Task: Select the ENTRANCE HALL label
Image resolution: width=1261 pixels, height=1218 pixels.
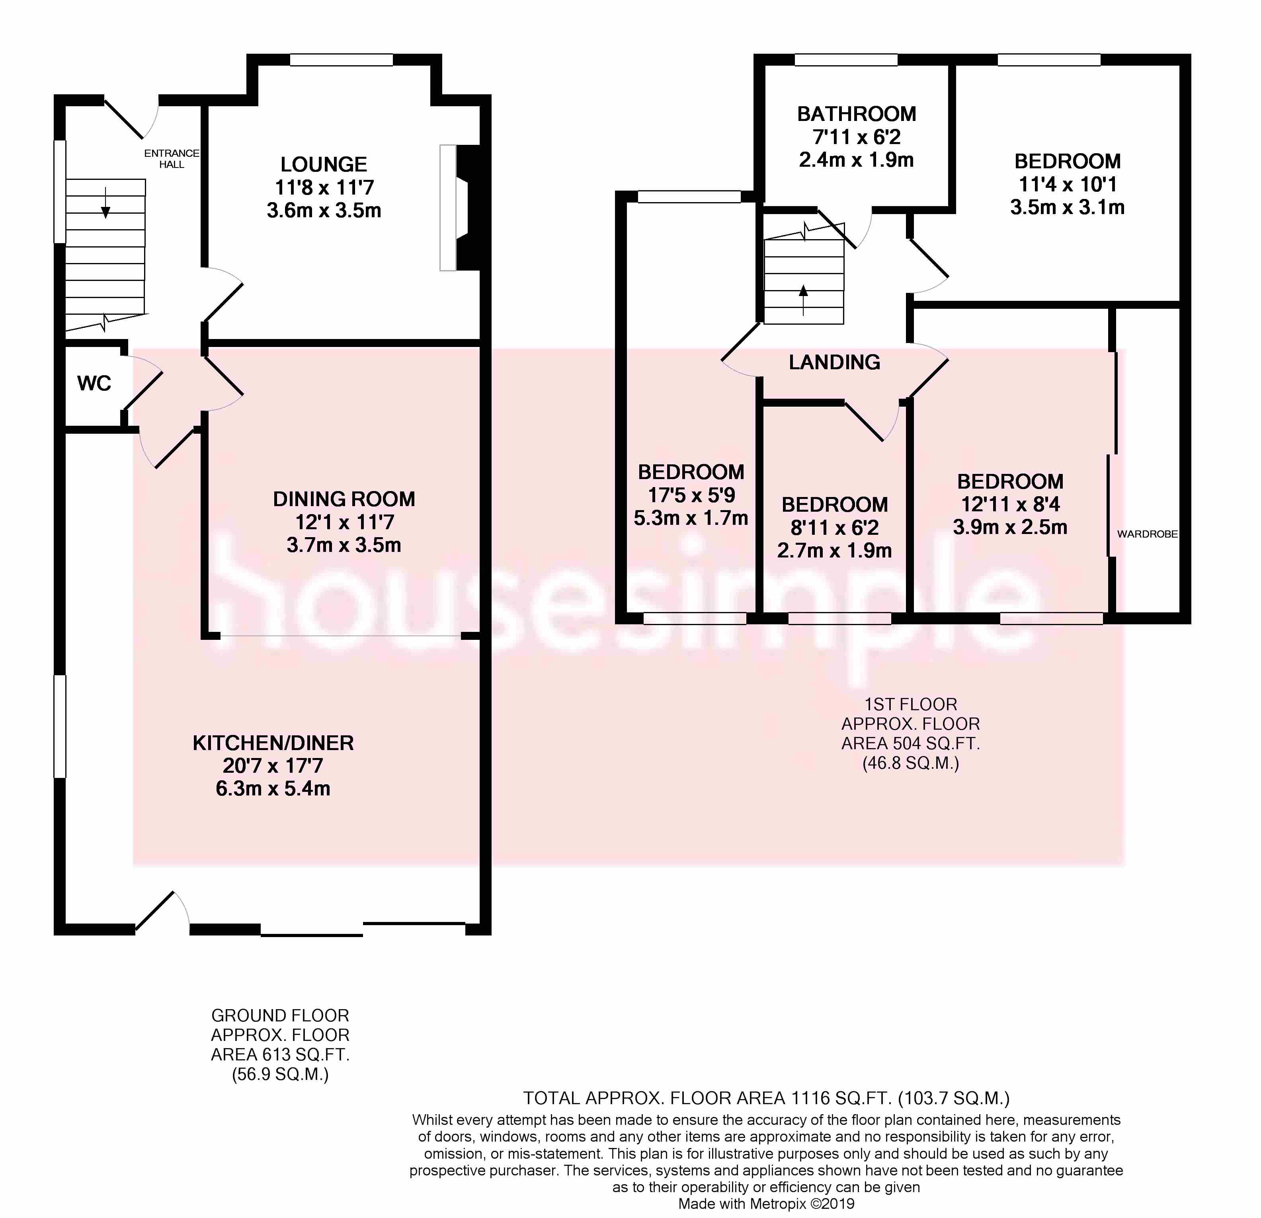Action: (172, 159)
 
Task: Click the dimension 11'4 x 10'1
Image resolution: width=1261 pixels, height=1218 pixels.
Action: (1067, 185)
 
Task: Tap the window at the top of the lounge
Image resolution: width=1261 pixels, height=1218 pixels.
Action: (341, 60)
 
